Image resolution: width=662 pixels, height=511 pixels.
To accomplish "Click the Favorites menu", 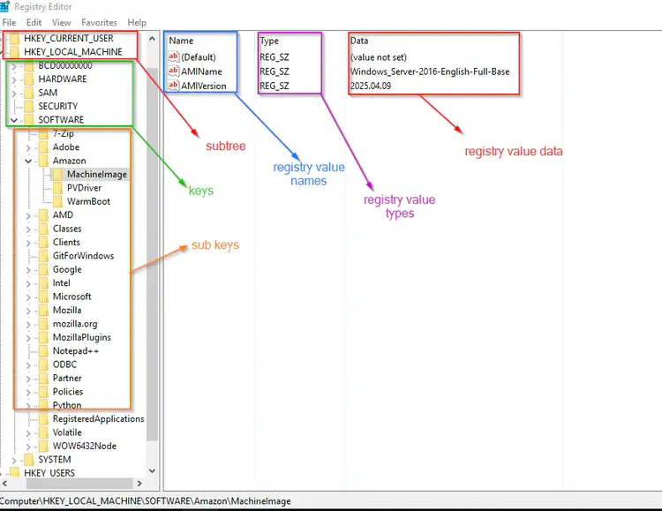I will tap(99, 22).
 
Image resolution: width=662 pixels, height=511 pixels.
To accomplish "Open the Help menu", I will tap(137, 22).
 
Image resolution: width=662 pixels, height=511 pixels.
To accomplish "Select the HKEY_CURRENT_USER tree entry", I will tap(68, 39).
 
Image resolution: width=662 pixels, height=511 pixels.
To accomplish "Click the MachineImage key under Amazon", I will tap(96, 174).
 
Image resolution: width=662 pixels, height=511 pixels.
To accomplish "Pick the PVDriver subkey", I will tap(84, 188).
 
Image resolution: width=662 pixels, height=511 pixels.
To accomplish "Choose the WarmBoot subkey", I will tap(88, 201).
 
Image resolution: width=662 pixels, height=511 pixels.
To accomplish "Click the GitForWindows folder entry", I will tap(83, 256).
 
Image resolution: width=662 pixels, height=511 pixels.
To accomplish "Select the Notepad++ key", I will tap(75, 350).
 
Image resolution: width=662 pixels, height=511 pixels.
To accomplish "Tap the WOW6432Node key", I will tap(84, 446).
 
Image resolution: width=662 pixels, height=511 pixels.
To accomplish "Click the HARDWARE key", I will tap(63, 79).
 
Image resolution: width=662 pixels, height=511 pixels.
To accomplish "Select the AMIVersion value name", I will tap(204, 86).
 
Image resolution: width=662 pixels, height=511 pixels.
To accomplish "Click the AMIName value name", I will tap(201, 71).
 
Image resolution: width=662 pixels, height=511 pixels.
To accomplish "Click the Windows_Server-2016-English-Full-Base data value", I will tap(429, 71).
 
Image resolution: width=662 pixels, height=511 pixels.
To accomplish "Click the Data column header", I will tap(359, 41).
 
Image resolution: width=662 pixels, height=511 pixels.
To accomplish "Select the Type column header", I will tap(269, 41).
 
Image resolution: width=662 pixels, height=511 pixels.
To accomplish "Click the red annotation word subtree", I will tap(226, 146).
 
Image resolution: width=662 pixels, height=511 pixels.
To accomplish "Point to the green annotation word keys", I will tap(201, 190).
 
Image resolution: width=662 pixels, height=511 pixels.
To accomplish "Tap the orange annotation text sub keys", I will tap(214, 244).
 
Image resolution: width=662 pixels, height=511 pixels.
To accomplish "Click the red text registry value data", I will tap(513, 151).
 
